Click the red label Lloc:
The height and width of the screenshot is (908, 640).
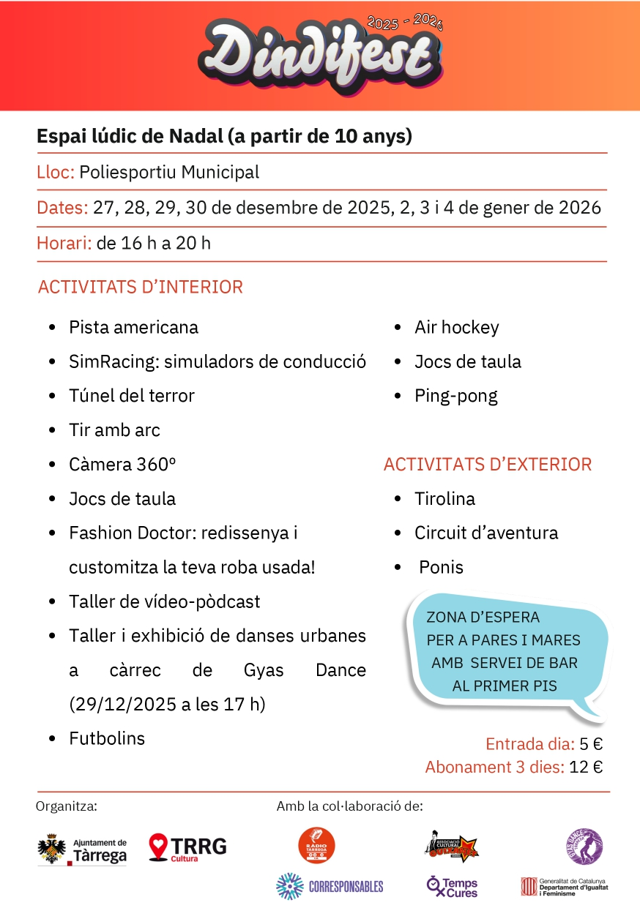[x=56, y=173]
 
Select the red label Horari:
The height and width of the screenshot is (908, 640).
[x=64, y=243]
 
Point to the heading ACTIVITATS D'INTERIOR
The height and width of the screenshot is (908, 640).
[x=140, y=287]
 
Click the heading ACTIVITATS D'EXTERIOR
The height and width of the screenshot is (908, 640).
[x=488, y=465]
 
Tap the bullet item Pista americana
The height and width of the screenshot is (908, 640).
[x=133, y=327]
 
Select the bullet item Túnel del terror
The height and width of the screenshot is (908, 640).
[x=132, y=396]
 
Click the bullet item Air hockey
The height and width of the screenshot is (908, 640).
[x=456, y=327]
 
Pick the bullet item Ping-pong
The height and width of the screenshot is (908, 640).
[x=455, y=396]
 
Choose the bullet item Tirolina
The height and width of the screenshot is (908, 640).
[x=444, y=499]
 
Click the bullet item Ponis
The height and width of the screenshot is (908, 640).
[x=441, y=567]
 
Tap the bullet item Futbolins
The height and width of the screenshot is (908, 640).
[x=107, y=738]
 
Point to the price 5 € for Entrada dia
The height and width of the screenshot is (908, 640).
[x=591, y=745]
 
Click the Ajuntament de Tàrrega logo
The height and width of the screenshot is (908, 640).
[x=82, y=849]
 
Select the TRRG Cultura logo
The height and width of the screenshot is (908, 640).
[x=187, y=848]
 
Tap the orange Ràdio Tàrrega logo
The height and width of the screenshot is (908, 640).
[x=316, y=846]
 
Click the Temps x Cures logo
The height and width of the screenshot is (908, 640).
[x=452, y=887]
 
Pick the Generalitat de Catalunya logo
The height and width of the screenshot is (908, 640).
[x=564, y=887]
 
